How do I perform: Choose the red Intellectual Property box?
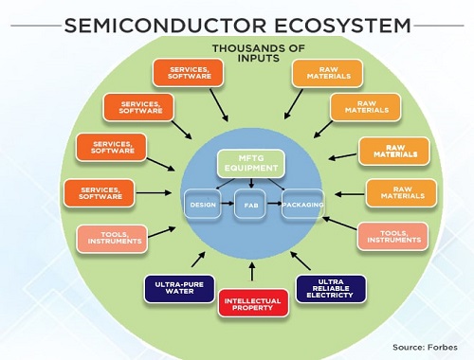tap(251, 305)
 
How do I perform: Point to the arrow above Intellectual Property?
tap(250, 271)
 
